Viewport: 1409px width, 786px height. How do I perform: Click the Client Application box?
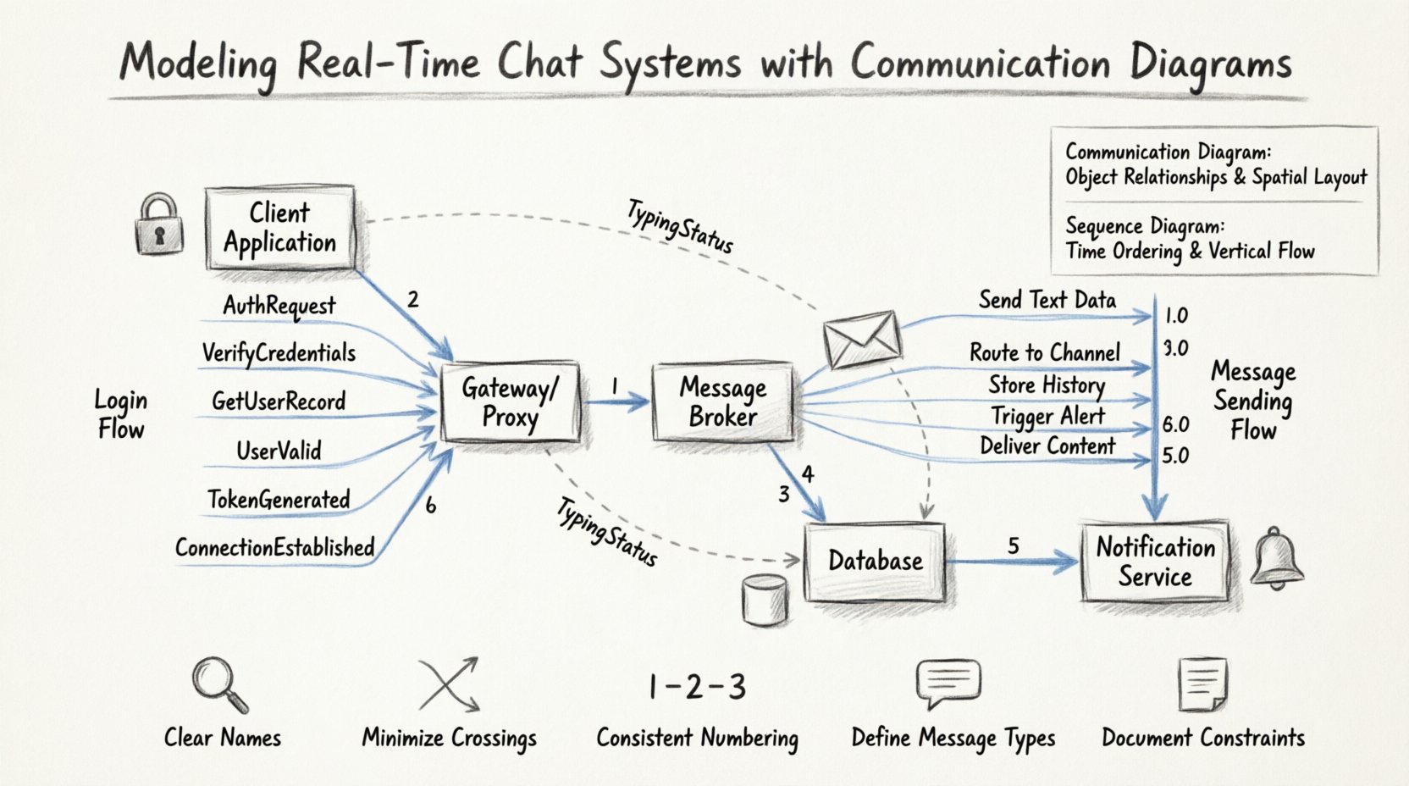point(279,228)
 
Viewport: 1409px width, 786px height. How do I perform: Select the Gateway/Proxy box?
point(511,402)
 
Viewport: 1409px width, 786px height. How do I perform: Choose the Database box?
point(875,561)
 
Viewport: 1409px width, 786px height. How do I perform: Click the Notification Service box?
point(1155,562)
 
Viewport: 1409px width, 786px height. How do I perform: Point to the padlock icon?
point(159,224)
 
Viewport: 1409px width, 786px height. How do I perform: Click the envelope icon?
point(862,339)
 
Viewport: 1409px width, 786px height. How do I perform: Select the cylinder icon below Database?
point(764,600)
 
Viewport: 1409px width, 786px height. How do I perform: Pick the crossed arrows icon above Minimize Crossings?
point(450,684)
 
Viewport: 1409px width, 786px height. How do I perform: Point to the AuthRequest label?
point(279,306)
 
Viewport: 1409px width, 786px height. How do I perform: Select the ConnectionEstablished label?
point(274,548)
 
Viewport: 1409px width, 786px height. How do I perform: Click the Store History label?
point(1047,385)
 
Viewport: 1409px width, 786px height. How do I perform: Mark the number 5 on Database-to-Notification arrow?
point(1014,546)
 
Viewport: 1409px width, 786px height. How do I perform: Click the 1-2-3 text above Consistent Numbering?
point(697,687)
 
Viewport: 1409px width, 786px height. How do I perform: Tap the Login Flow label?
point(120,414)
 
